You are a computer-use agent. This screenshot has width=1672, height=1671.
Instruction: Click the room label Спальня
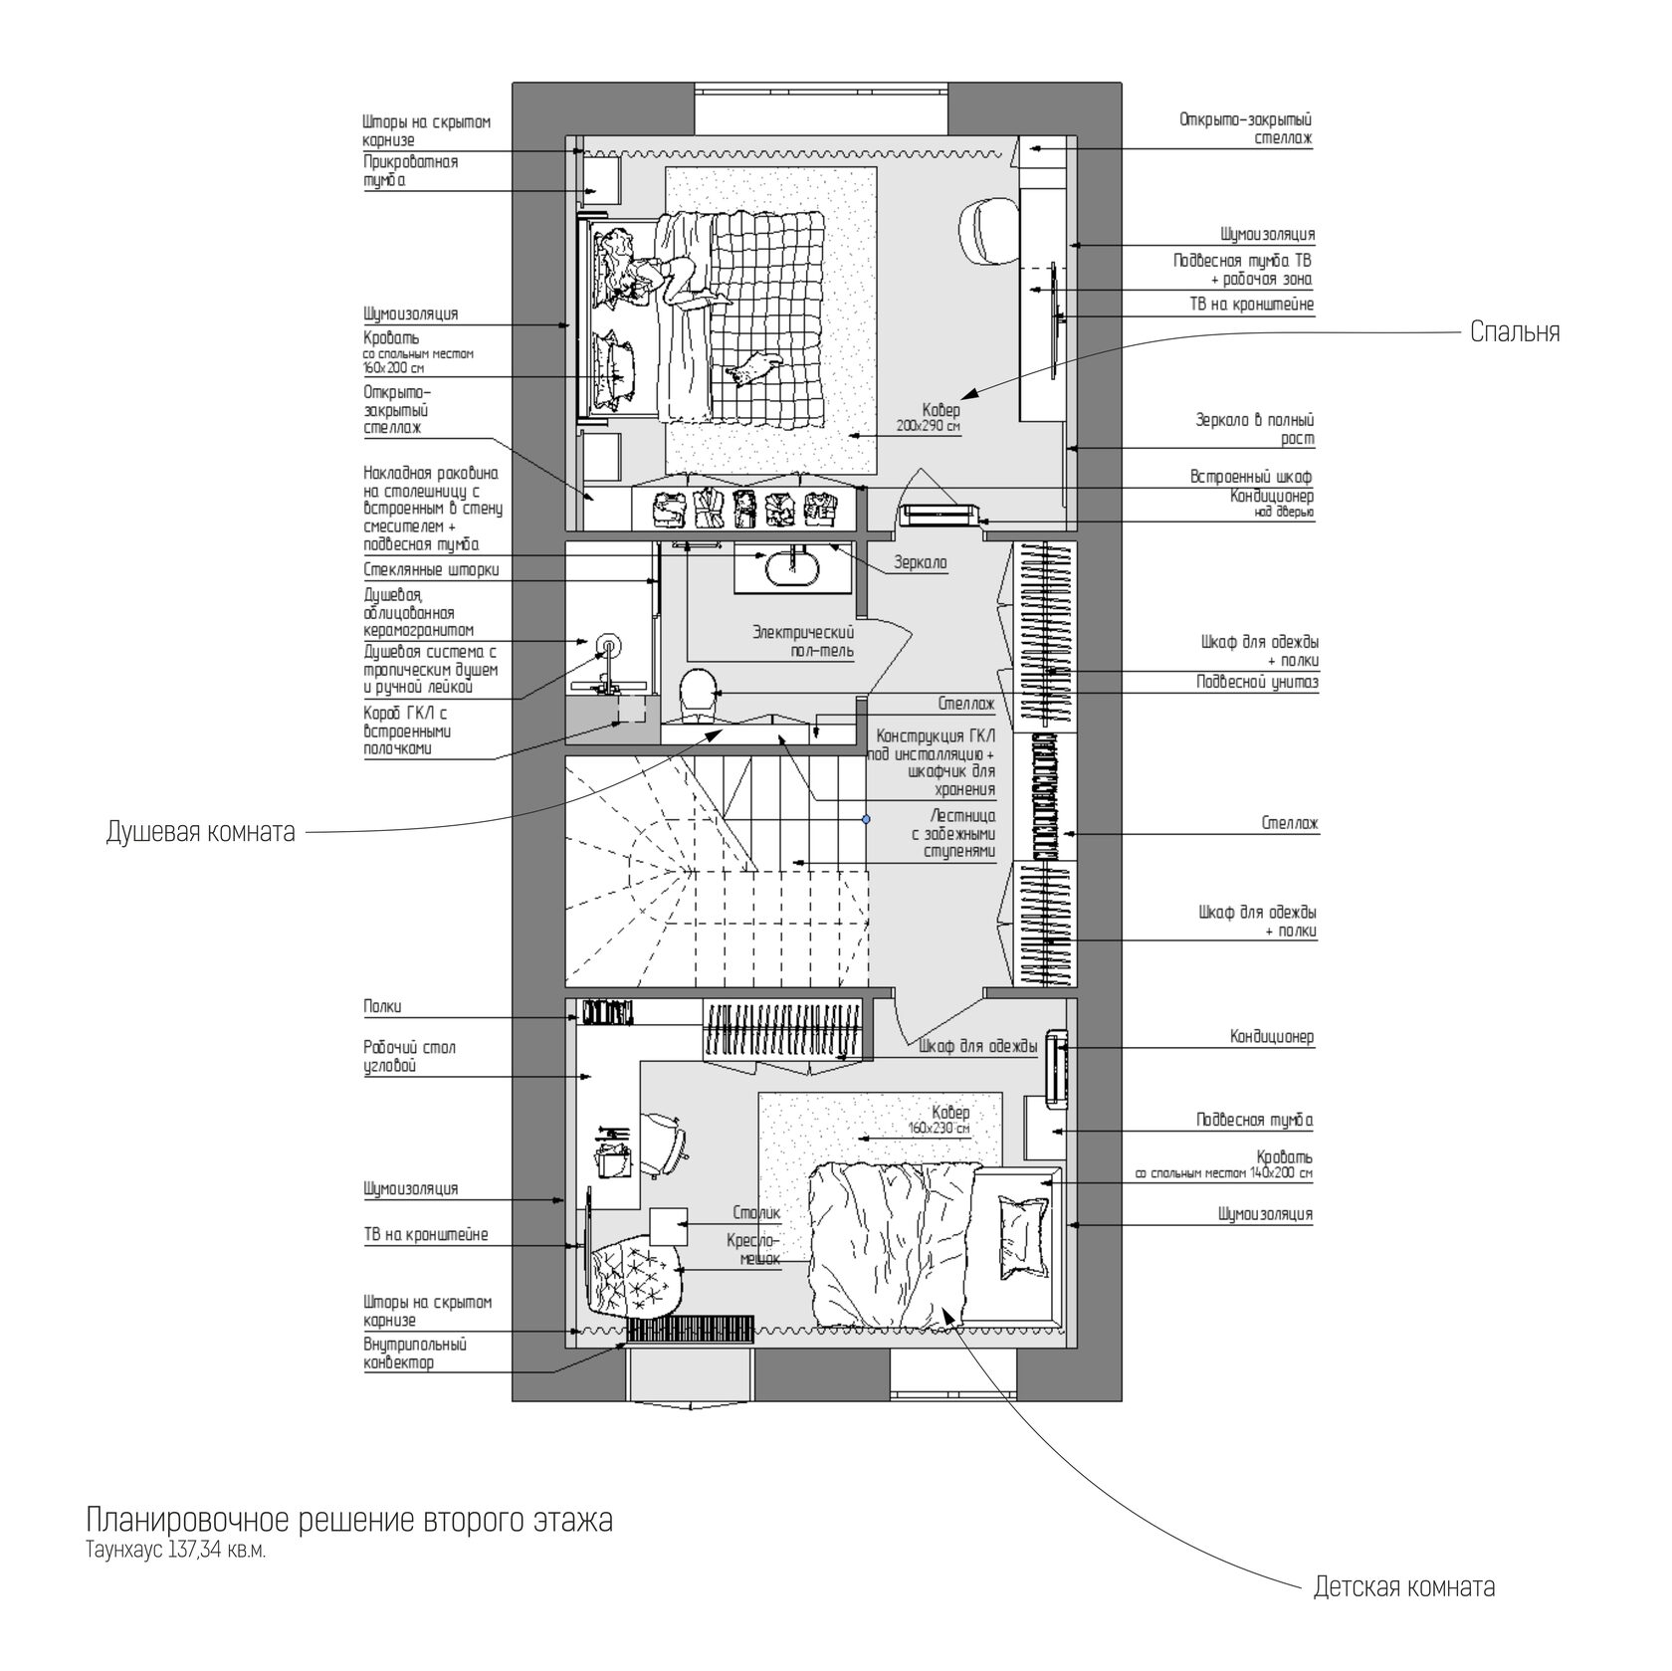(1515, 332)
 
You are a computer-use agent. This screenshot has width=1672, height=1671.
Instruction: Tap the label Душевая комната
(201, 832)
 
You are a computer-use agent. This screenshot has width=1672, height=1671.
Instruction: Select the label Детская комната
(1404, 1586)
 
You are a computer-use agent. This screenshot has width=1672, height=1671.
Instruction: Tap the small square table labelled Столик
(669, 1226)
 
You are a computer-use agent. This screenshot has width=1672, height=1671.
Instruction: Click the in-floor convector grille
(691, 1329)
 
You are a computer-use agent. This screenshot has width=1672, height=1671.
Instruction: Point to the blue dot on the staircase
(866, 819)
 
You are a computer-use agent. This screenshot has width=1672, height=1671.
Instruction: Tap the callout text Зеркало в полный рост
(1255, 430)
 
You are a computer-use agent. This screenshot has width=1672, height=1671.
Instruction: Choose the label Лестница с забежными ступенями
(953, 834)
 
